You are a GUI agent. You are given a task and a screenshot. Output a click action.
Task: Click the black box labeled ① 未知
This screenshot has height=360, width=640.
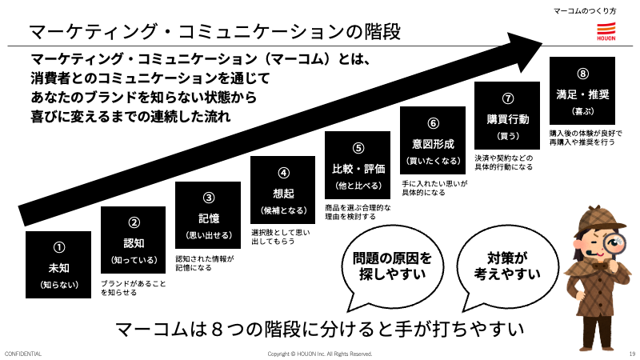58,265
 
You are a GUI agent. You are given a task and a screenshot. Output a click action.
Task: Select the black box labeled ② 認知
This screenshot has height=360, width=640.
134,240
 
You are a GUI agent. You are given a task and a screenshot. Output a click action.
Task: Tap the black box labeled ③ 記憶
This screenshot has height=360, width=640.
208,215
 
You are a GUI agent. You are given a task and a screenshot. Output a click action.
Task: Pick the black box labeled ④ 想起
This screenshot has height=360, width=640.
283,190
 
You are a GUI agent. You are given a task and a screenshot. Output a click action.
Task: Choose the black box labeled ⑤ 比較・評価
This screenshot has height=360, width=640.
358,166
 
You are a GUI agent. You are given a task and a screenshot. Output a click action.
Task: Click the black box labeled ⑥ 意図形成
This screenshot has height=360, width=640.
433,141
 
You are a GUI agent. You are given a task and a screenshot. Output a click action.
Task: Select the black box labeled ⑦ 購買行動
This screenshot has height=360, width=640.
507,115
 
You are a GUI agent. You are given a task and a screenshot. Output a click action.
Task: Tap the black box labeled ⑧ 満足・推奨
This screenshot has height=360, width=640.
582,90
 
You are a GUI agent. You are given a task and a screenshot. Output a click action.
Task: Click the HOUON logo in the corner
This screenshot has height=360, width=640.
606,31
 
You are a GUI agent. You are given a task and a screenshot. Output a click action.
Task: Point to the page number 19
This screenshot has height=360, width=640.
632,354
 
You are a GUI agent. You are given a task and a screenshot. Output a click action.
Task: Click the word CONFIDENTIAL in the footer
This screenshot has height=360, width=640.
23,354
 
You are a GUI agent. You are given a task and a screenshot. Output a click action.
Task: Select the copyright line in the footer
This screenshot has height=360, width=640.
320,354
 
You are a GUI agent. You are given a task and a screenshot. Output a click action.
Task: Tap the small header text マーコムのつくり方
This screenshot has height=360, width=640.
585,11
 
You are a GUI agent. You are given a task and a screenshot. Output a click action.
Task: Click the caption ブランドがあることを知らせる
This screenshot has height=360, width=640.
134,288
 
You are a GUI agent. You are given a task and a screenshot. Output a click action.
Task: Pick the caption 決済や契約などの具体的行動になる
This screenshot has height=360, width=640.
504,162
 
